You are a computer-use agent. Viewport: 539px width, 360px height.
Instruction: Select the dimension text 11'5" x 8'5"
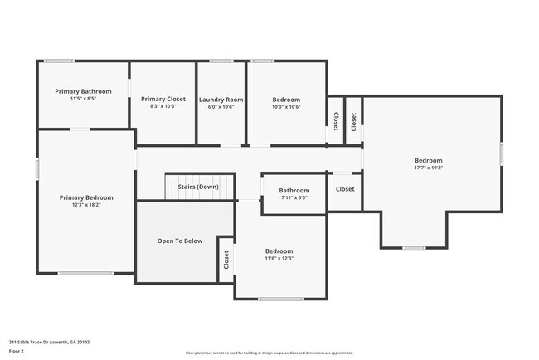point(83,99)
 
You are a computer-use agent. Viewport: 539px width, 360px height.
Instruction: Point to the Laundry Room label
point(221,99)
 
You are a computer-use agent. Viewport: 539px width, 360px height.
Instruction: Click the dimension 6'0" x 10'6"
point(221,106)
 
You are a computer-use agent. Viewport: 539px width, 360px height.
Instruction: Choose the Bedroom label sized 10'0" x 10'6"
point(286,99)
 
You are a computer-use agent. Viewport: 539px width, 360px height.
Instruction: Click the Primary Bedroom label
point(86,197)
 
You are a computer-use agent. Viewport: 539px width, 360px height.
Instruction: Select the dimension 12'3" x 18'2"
point(86,205)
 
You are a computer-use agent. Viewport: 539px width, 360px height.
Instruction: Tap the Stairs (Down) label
point(198,187)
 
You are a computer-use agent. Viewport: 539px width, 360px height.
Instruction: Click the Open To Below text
point(180,241)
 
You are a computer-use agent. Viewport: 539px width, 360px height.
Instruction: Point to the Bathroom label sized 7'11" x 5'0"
point(294,190)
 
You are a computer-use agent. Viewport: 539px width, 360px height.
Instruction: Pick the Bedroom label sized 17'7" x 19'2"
point(429,160)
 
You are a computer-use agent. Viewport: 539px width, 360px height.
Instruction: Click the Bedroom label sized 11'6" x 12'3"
point(279,251)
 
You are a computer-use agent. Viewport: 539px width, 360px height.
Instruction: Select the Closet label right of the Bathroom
point(345,189)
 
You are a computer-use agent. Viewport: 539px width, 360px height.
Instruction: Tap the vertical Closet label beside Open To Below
point(226,260)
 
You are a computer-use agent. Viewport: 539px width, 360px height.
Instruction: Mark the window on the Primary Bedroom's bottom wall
point(85,273)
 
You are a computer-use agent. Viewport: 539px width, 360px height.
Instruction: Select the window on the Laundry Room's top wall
point(221,61)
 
